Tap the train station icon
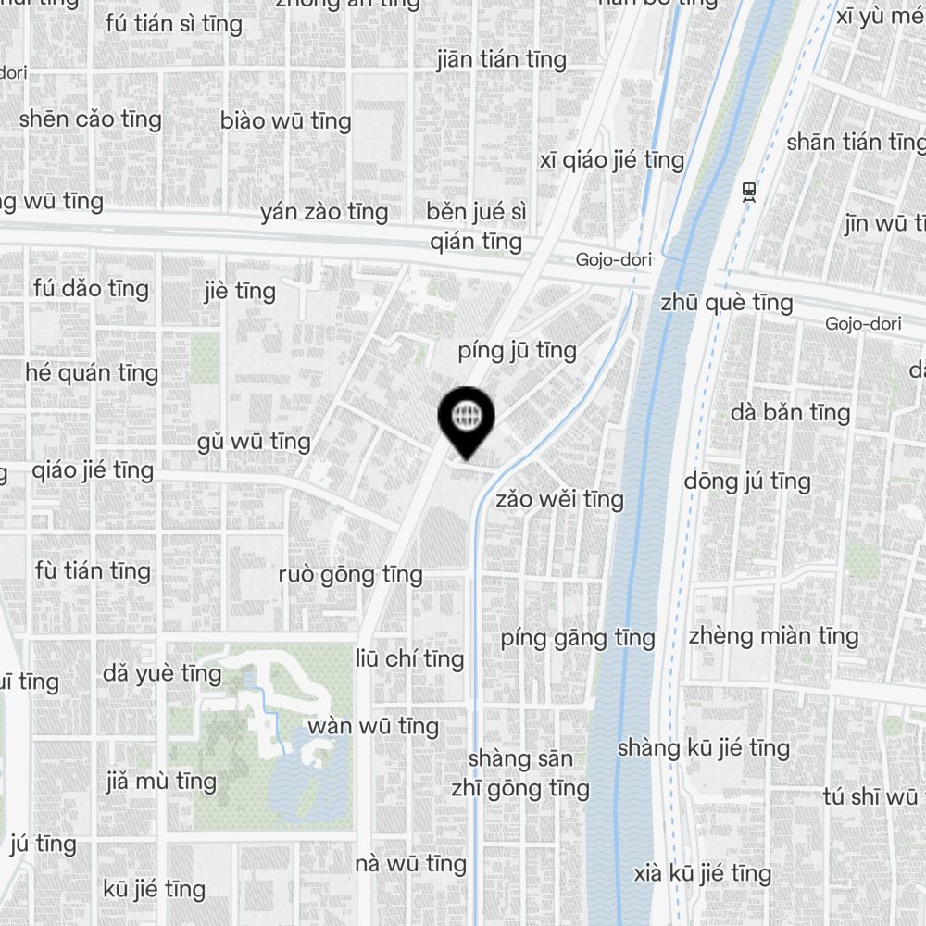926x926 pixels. point(748,192)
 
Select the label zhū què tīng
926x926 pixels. point(726,303)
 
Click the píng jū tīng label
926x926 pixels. point(517,351)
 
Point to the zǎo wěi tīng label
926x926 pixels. point(559,499)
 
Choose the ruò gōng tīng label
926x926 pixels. point(350,574)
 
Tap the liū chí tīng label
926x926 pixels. point(409,658)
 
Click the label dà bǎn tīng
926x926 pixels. point(790,412)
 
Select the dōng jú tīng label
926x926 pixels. point(746,481)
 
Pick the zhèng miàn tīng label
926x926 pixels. point(773,635)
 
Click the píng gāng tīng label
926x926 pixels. point(577,637)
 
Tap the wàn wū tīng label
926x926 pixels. point(372,725)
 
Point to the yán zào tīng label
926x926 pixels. point(324,212)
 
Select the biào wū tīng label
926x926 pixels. point(286,120)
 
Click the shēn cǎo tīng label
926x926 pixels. point(90,119)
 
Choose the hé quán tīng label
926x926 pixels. point(92,373)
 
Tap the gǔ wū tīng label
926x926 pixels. point(254,442)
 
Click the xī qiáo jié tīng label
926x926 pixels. point(611,160)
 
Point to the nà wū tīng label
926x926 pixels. point(410,864)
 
